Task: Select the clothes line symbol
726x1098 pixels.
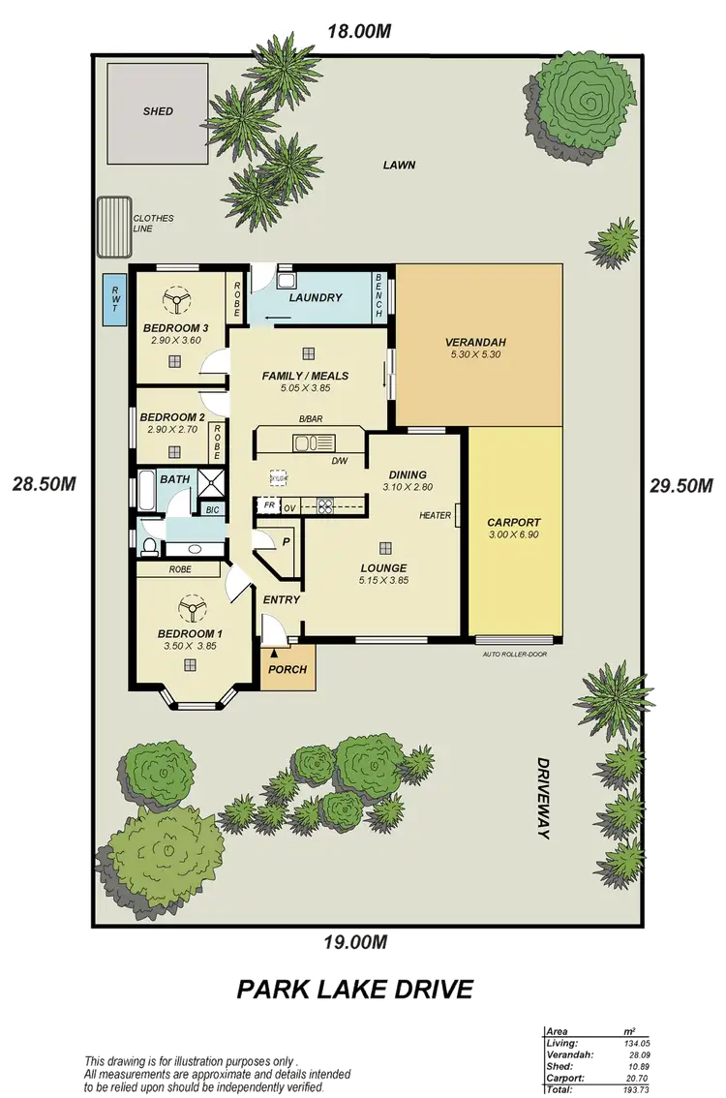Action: pyautogui.click(x=113, y=227)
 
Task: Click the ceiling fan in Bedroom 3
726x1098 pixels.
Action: pyautogui.click(x=174, y=301)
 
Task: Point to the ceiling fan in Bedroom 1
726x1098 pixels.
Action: pyautogui.click(x=190, y=609)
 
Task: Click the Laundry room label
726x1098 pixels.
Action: pyautogui.click(x=316, y=297)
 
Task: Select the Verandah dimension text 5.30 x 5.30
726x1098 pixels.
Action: pyautogui.click(x=475, y=354)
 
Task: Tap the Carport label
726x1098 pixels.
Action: pyautogui.click(x=513, y=522)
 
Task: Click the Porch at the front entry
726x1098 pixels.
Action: pyautogui.click(x=287, y=669)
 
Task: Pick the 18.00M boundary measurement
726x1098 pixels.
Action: pyautogui.click(x=358, y=31)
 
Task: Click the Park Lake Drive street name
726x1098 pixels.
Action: pyautogui.click(x=356, y=990)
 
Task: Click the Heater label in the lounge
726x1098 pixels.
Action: pyautogui.click(x=435, y=515)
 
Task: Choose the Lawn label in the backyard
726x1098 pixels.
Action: pyautogui.click(x=399, y=165)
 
